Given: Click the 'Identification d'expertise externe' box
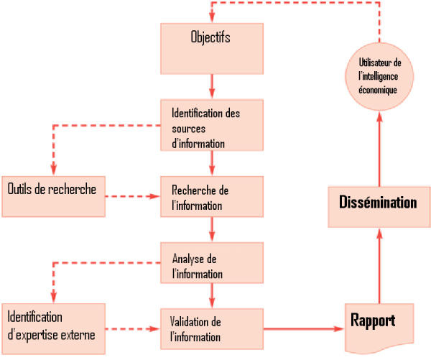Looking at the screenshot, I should point(53,326).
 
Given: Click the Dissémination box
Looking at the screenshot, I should point(378,203).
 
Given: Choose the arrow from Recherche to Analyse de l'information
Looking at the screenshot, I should point(212,230).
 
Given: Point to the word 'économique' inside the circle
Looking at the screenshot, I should point(378,90).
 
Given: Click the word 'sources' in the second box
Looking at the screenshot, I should point(189,129).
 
